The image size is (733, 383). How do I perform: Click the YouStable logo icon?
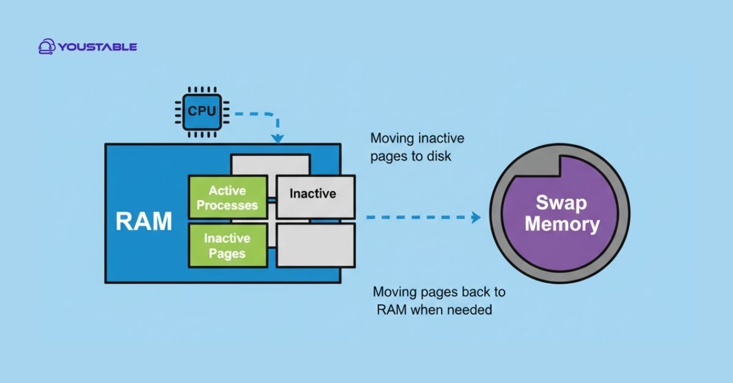tap(47, 46)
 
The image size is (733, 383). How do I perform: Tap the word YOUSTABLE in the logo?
tap(98, 47)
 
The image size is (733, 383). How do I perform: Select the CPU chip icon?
tap(201, 111)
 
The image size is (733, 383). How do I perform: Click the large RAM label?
tap(144, 222)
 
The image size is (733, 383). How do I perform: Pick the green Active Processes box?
tap(227, 197)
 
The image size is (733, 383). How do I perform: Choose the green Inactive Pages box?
tap(227, 245)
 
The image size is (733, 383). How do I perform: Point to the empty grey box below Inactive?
tap(315, 245)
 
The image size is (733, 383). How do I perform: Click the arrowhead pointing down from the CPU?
tap(278, 138)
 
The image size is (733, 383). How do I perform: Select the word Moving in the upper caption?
tap(391, 138)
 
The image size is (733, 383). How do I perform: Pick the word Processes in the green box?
tap(227, 205)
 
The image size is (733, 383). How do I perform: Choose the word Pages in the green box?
tap(227, 253)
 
